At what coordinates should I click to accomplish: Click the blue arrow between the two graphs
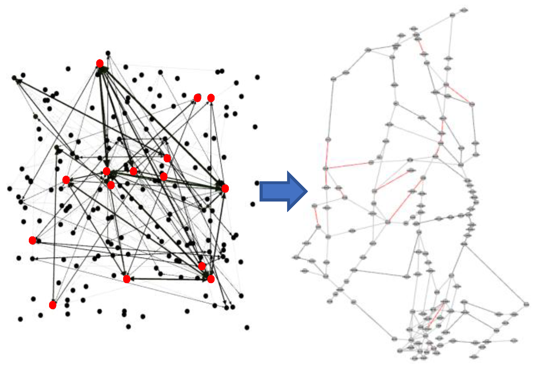283,191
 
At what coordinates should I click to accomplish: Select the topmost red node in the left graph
100,64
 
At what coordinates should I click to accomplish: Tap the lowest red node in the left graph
53,305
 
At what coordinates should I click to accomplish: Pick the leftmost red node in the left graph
32,240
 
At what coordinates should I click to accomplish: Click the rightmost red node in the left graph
225,189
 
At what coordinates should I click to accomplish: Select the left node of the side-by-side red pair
197,98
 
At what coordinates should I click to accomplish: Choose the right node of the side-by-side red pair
211,98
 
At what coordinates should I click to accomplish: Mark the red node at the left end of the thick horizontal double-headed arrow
127,279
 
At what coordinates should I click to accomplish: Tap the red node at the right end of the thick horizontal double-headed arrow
211,279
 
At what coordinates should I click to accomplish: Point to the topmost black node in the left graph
108,53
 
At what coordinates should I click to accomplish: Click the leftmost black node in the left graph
10,189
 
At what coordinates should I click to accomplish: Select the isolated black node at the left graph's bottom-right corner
247,327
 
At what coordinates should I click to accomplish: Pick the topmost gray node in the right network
464,10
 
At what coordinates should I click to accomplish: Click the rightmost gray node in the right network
526,304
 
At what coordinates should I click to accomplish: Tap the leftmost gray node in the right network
296,258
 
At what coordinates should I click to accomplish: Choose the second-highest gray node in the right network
453,15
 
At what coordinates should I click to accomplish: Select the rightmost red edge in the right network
459,94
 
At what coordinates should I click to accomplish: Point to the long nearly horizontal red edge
348,165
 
